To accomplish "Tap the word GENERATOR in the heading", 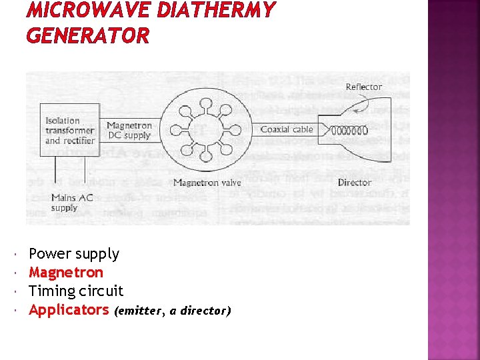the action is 88,36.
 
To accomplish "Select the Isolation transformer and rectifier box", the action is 61,130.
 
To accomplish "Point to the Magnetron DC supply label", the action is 129,130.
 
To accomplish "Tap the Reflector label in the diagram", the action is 363,87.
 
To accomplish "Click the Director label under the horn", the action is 354,182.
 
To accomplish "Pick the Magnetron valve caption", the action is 207,182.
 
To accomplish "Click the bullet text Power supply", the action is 74,254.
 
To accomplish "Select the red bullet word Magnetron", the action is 66,273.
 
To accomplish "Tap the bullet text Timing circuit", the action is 76,291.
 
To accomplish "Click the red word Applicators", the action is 69,310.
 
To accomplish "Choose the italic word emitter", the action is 139,311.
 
